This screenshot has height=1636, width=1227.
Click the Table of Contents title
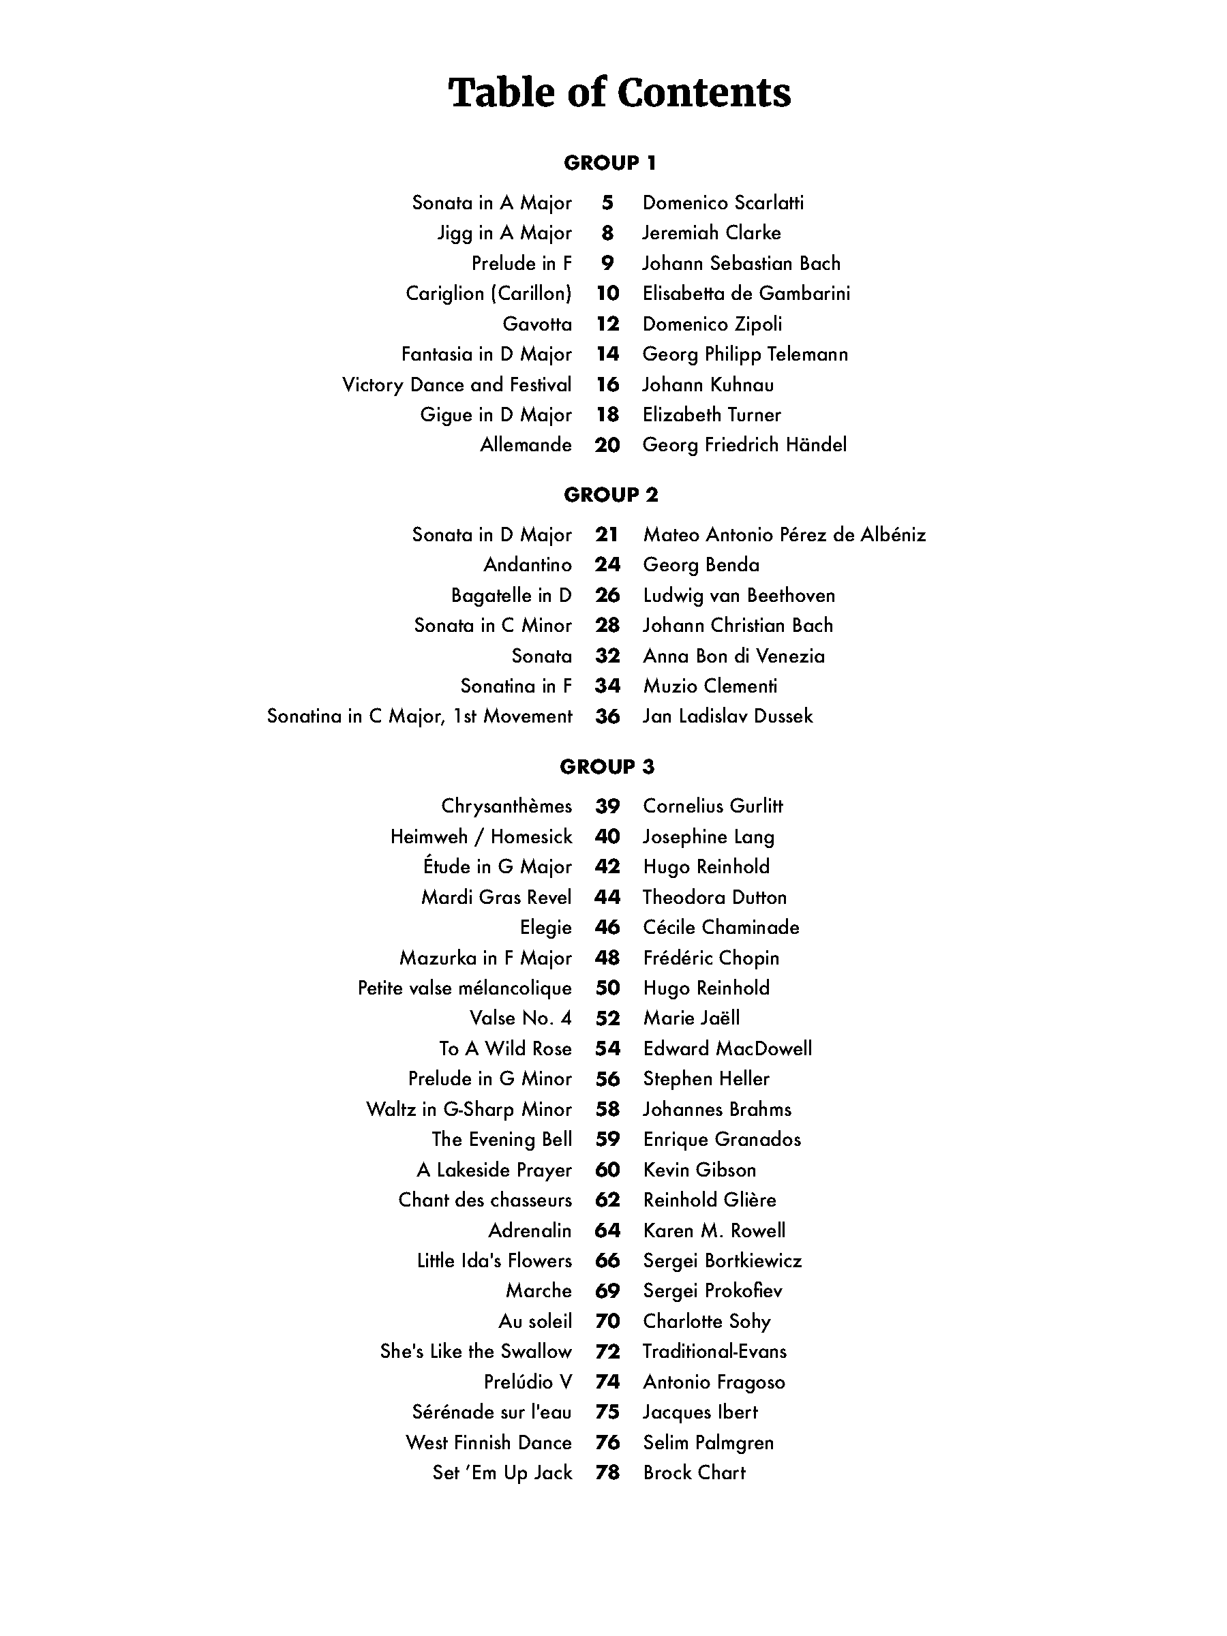pyautogui.click(x=619, y=93)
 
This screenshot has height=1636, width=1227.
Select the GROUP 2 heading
pyautogui.click(x=610, y=495)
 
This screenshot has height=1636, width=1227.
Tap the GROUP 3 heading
pyautogui.click(x=607, y=767)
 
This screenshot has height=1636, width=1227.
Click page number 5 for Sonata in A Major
pyautogui.click(x=607, y=202)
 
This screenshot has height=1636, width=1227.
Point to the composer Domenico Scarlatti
pyautogui.click(x=723, y=202)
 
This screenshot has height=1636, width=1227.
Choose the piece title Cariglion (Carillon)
pyautogui.click(x=488, y=294)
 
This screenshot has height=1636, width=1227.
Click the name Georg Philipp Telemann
pyautogui.click(x=745, y=354)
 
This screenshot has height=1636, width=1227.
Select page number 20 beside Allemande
pyautogui.click(x=607, y=445)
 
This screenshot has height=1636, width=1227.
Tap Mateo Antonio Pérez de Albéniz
pyautogui.click(x=784, y=534)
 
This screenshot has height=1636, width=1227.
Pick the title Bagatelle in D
pyautogui.click(x=511, y=595)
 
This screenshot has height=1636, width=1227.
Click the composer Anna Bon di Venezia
pyautogui.click(x=733, y=656)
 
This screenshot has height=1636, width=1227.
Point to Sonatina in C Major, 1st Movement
pyautogui.click(x=419, y=716)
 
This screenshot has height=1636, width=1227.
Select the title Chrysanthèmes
pyautogui.click(x=506, y=806)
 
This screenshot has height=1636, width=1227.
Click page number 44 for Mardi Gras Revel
pyautogui.click(x=607, y=897)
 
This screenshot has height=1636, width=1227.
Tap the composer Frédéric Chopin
pyautogui.click(x=711, y=958)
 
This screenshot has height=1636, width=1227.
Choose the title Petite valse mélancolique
pyautogui.click(x=464, y=988)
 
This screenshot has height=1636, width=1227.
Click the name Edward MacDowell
pyautogui.click(x=727, y=1049)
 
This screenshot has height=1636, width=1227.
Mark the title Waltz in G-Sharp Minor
pyautogui.click(x=469, y=1109)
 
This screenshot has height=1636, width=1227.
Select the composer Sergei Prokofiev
pyautogui.click(x=712, y=1290)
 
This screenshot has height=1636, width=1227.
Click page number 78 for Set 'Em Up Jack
pyautogui.click(x=607, y=1472)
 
